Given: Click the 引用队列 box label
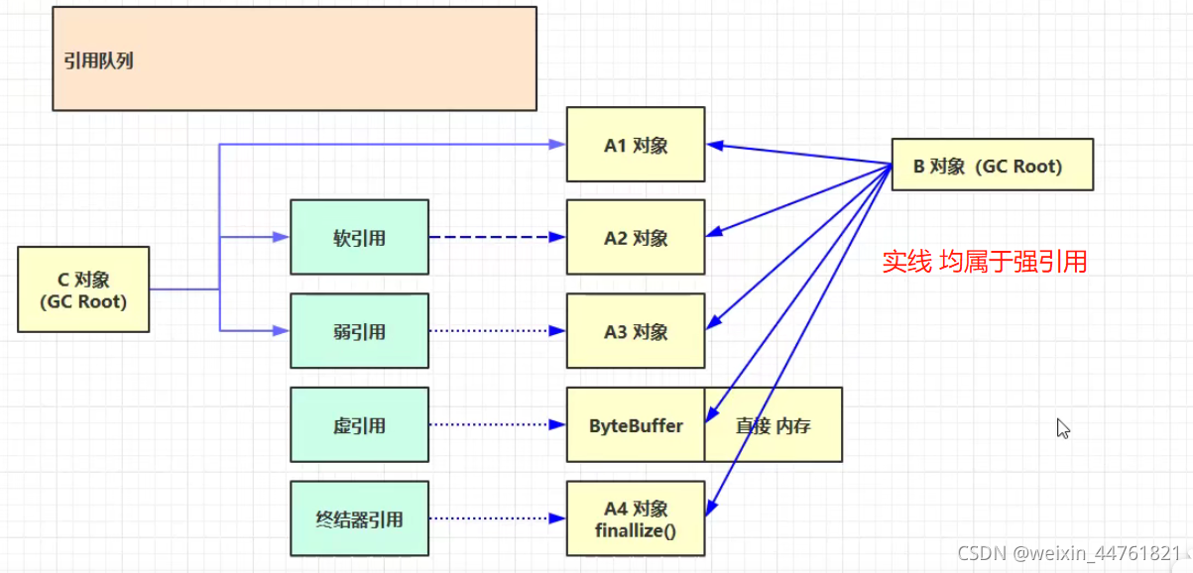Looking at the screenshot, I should [98, 61].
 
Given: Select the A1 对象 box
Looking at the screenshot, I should [636, 145].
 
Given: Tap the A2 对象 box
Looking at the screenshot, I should [636, 238].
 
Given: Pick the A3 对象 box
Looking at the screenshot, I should [636, 331].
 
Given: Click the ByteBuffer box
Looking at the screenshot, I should [636, 425].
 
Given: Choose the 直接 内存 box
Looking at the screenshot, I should [774, 425].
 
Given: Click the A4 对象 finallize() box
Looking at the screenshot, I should [636, 518].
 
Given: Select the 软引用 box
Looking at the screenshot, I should [359, 238].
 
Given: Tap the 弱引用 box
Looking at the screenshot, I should [359, 331].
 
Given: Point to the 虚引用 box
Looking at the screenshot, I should [359, 425].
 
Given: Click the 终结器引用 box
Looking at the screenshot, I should [359, 518].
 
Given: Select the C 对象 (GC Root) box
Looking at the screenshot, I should [83, 289].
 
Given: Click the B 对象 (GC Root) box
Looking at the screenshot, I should [992, 166].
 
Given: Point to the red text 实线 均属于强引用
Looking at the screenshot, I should [985, 262].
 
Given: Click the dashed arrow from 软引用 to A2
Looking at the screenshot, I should [496, 238].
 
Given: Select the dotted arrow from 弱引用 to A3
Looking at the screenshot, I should [496, 331].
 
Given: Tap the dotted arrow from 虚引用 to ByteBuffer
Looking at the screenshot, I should [496, 425].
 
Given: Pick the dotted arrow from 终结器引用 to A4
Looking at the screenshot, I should [496, 518].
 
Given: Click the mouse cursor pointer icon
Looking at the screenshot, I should [1062, 428].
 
